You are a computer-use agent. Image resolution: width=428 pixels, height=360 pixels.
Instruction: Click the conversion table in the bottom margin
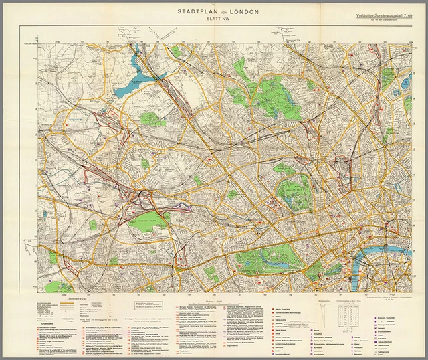(354, 314)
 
